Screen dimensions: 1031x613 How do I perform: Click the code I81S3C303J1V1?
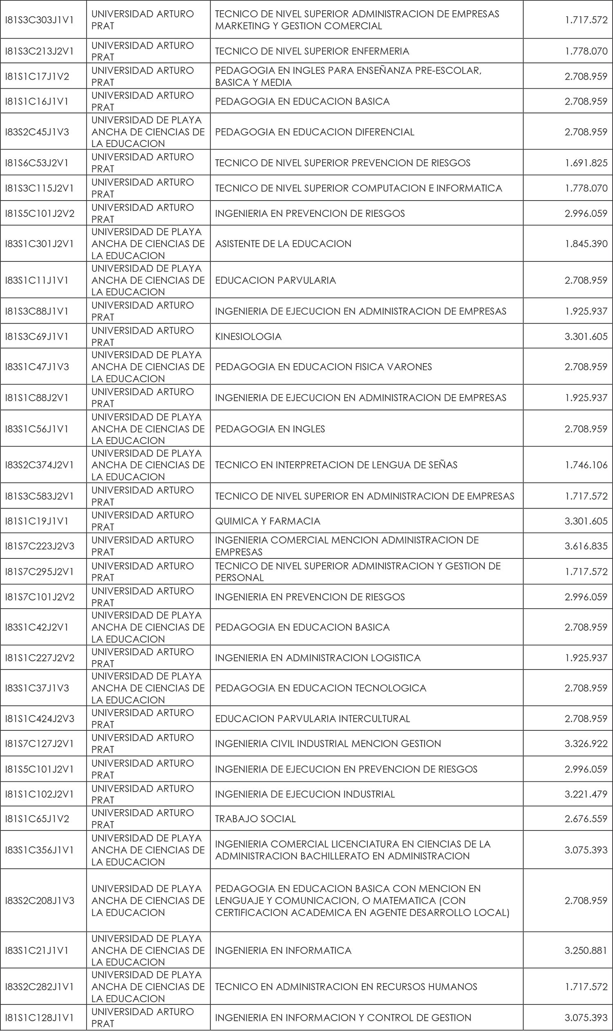pyautogui.click(x=39, y=20)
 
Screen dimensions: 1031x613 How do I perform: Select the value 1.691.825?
pyautogui.click(x=586, y=163)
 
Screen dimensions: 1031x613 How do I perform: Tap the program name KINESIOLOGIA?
pyautogui.click(x=248, y=337)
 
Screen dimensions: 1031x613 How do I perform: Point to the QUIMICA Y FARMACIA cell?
pyautogui.click(x=268, y=521)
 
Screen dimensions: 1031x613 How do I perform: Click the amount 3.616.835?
pyautogui.click(x=586, y=546)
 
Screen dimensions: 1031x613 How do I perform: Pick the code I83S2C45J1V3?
pyautogui.click(x=37, y=132)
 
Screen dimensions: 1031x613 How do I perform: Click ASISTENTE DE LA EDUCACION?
pyautogui.click(x=283, y=243)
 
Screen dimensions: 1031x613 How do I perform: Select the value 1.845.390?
pyautogui.click(x=586, y=243)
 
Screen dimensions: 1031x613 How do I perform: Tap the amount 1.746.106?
pyautogui.click(x=586, y=465)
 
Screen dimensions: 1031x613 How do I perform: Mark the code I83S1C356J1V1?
pyautogui.click(x=39, y=850)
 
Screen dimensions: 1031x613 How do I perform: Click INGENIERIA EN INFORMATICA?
pyautogui.click(x=283, y=951)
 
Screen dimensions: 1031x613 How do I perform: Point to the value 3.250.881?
pyautogui.click(x=586, y=951)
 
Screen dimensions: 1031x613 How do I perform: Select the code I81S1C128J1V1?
pyautogui.click(x=39, y=1018)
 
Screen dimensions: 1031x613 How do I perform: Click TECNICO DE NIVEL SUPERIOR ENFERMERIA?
pyautogui.click(x=312, y=51)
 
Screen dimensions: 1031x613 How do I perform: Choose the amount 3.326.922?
pyautogui.click(x=586, y=743)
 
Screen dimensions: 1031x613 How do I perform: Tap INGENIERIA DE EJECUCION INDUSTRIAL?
pyautogui.click(x=305, y=794)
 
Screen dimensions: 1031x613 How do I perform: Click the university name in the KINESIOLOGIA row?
pyautogui.click(x=143, y=337)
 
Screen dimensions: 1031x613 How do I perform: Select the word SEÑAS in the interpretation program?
pyautogui.click(x=443, y=465)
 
